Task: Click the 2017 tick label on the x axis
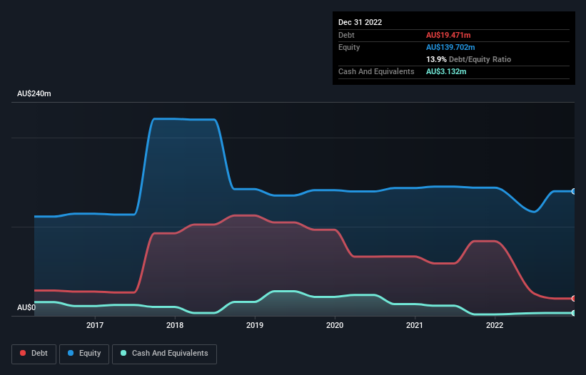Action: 95,326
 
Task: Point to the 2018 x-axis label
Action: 175,326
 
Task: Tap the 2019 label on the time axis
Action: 255,326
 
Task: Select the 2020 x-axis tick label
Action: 335,326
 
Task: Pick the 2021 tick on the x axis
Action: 415,326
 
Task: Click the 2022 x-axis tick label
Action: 495,326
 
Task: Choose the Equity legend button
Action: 84,353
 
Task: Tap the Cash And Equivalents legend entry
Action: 164,353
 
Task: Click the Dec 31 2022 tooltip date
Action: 360,22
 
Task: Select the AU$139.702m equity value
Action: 450,47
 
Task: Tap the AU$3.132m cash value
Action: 447,72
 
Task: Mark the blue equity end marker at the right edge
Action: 574,191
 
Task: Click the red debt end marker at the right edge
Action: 574,298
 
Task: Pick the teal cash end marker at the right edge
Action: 574,313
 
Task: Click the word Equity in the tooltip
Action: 349,47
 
